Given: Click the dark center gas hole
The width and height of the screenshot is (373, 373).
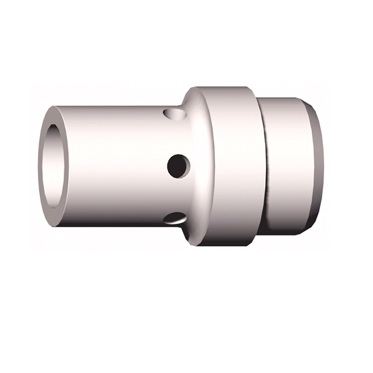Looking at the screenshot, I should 178,164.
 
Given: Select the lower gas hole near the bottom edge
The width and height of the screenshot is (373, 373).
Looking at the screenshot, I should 176,218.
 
